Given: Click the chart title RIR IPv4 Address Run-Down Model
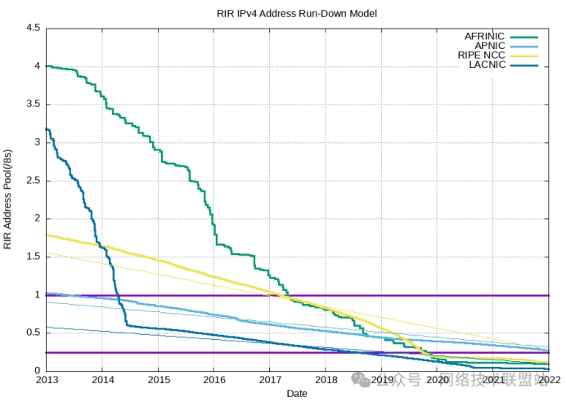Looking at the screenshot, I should coord(297,13).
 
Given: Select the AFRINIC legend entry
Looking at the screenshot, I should coord(485,37).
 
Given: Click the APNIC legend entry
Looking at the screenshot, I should coord(490,46).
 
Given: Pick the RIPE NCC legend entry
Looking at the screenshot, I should coord(482,56).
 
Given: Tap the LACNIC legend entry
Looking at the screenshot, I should coord(487,65).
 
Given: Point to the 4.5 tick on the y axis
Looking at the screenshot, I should coord(33,28).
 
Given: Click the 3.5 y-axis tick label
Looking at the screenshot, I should coord(33,104).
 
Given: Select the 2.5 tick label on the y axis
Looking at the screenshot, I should coord(33,181).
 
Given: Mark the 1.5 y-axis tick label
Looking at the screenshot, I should coord(33,257).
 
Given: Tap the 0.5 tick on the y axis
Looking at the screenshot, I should coord(33,333).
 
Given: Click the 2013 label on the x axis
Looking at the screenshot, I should coord(47,381).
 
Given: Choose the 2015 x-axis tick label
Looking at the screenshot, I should coord(159,381).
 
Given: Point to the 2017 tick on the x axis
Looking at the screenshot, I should coord(270,381).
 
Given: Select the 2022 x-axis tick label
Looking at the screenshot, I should coord(549,381).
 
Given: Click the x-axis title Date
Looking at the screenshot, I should coord(298,394).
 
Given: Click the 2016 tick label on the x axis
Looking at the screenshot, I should coord(214,381).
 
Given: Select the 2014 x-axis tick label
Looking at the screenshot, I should coord(103,381).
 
